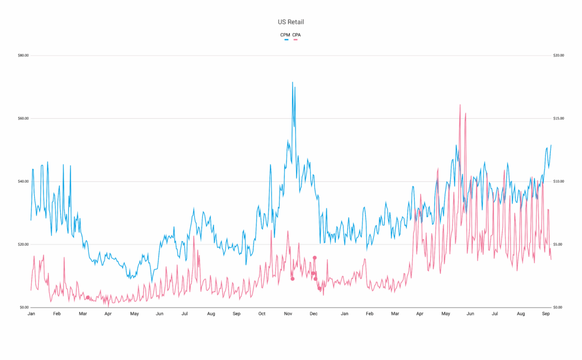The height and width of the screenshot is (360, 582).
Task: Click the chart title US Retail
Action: [x=290, y=22]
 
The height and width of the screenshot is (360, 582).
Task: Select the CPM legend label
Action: [x=285, y=35]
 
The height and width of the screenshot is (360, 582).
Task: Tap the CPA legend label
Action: [x=297, y=35]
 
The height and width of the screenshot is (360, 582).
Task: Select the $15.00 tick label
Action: [x=558, y=119]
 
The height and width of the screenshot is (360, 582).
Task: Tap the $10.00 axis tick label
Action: [x=558, y=181]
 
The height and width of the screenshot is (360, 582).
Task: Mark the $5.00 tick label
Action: [x=558, y=245]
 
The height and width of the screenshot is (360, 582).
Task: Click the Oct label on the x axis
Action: [x=261, y=314]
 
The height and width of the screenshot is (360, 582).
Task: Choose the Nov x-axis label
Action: [x=288, y=314]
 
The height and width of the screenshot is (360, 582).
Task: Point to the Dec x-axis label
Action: [x=313, y=314]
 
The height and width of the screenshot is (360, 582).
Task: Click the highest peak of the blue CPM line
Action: [x=293, y=82]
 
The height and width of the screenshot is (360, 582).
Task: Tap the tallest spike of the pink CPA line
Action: [x=460, y=105]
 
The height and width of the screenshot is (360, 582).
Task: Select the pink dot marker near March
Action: [x=88, y=297]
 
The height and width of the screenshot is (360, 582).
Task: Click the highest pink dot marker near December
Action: [x=314, y=258]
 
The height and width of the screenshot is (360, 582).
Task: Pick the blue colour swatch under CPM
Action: [x=285, y=39]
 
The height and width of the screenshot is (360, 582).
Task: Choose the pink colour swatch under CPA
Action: [x=297, y=39]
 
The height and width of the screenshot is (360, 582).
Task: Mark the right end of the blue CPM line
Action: [x=551, y=145]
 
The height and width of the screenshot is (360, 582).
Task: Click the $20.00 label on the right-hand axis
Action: [x=558, y=56]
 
